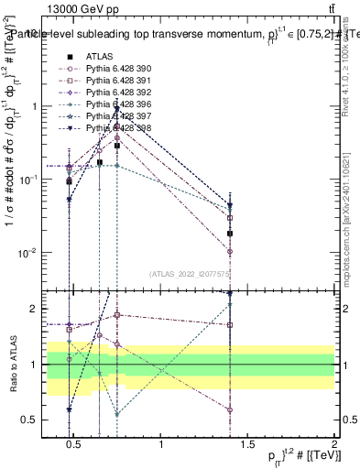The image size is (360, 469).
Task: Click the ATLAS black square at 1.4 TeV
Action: coord(231,234)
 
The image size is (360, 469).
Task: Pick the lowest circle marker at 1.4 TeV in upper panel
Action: coord(231,251)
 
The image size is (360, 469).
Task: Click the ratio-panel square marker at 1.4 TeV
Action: coord(231,324)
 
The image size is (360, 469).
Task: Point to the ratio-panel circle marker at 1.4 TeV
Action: coord(231,409)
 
